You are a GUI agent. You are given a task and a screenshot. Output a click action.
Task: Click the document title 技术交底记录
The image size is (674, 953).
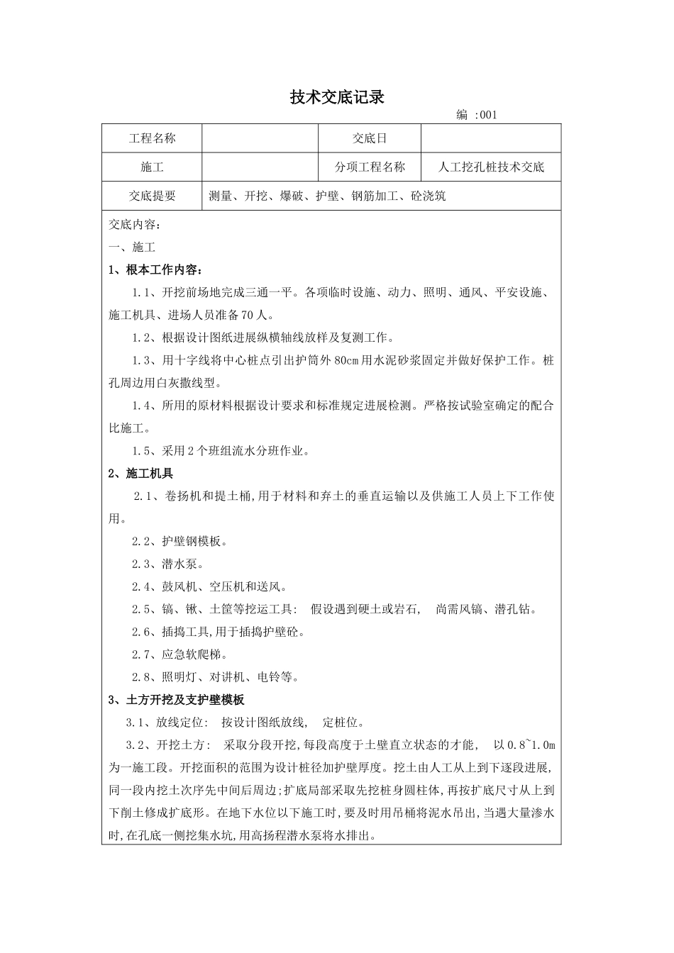pos(337,98)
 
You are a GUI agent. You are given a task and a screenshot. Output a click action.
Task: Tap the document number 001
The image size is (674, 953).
pos(488,116)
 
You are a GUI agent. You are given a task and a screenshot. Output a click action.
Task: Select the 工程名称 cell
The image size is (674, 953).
pos(152,138)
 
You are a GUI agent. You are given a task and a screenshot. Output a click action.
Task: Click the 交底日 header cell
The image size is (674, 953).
pos(370,138)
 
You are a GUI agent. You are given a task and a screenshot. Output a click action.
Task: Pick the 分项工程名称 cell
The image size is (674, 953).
pos(370,167)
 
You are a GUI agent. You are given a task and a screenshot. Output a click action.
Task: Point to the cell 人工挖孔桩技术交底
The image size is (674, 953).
pos(492,167)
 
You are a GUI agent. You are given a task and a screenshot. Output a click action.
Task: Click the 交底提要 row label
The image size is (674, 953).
pos(152,196)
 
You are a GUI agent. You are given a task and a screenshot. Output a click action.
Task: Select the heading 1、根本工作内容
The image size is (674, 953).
pos(156,269)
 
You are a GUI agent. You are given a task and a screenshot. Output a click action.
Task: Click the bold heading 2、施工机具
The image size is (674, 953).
pos(140,473)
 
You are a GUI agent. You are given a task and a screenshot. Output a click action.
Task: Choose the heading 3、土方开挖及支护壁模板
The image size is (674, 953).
pos(176,700)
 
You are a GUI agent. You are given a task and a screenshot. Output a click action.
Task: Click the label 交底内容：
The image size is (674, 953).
pos(135,225)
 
